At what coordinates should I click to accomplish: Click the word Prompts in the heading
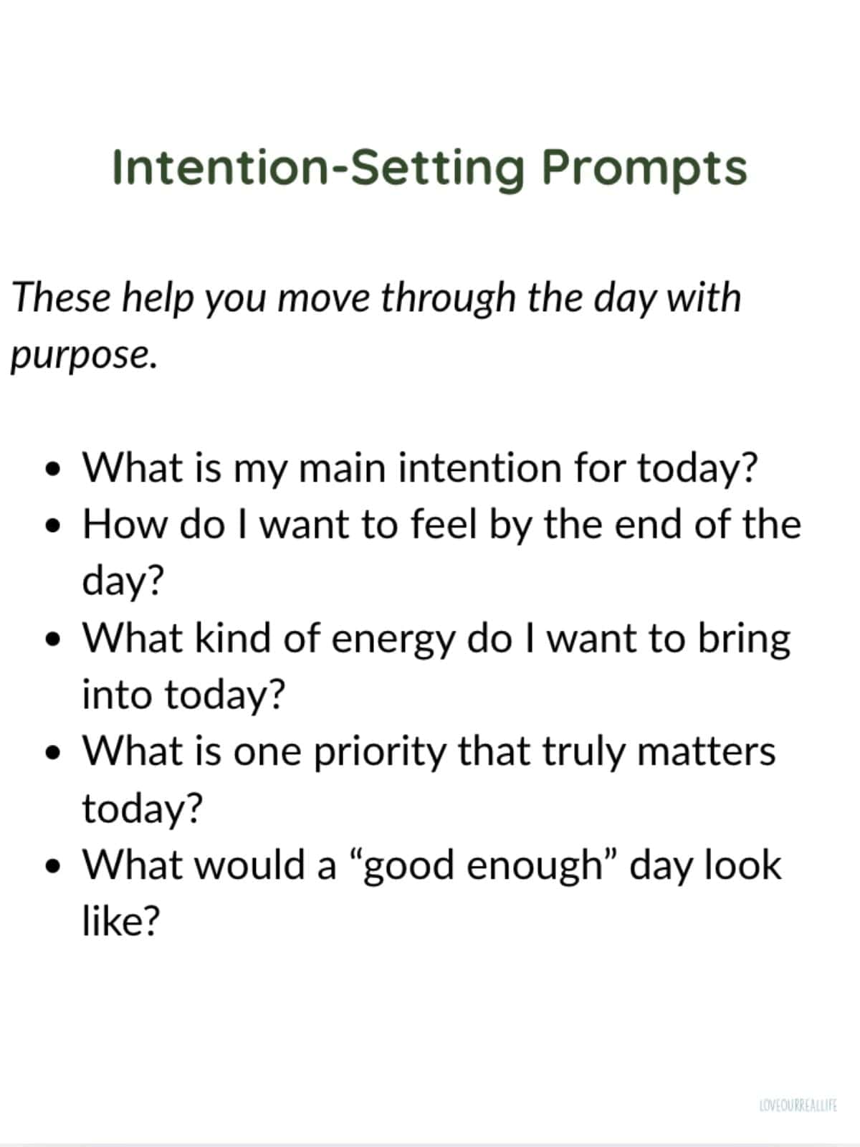click(644, 168)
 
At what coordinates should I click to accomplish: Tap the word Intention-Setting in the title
click(319, 168)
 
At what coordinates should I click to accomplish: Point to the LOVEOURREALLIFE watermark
click(798, 1106)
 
